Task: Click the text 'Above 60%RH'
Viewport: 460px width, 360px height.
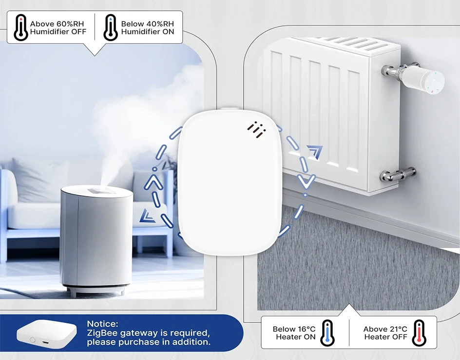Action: (57, 23)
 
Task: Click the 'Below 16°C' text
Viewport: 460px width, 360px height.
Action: (294, 329)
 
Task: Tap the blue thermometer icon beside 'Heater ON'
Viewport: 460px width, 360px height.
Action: (326, 333)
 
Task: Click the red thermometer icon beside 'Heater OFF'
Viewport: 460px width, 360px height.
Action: (419, 333)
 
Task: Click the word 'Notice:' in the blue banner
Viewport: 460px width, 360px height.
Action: (102, 324)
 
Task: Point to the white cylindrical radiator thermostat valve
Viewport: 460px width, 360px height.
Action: (424, 79)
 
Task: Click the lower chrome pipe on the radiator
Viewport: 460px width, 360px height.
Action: (398, 173)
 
